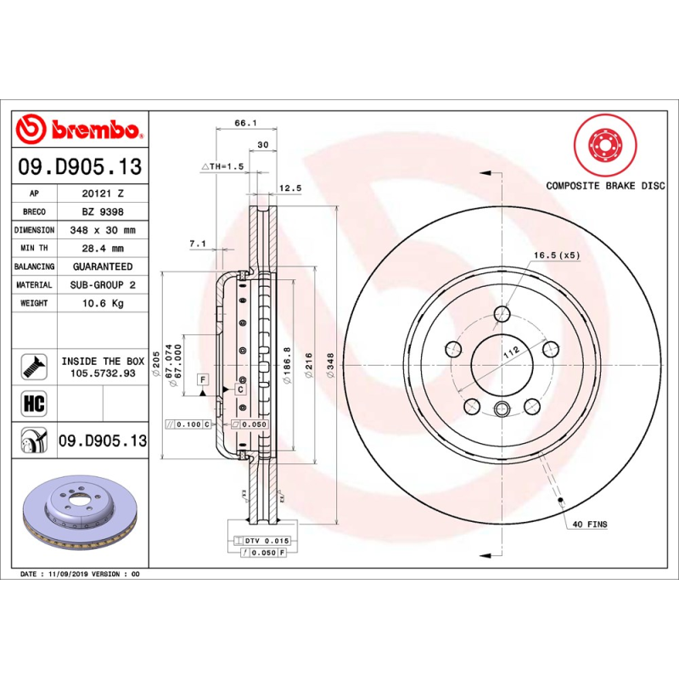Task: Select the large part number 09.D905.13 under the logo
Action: tap(80, 167)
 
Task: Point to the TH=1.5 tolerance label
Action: tap(222, 166)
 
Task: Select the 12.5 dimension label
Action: tap(290, 188)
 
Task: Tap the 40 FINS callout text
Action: tap(590, 525)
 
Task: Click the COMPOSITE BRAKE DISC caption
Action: tap(605, 185)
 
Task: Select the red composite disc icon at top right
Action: tap(605, 143)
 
